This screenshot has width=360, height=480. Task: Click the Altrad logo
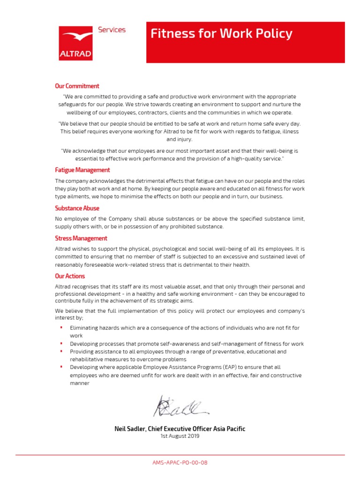75,43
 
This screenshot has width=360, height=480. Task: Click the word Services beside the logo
112,30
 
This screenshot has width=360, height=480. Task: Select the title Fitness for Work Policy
221,34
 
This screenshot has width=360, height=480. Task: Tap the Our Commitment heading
77,86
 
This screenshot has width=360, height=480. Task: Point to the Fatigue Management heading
82,170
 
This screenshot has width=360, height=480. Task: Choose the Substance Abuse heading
77,208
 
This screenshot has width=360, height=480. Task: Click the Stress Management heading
81,239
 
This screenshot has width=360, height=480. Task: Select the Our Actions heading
70,276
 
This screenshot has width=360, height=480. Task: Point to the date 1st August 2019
180,436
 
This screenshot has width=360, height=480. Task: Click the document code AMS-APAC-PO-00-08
180,463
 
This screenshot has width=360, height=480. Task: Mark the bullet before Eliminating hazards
61,327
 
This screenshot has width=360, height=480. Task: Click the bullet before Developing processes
61,343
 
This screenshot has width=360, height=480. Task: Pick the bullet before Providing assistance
61,351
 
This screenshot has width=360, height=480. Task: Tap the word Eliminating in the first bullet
85,328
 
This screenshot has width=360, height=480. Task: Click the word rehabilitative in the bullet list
89,359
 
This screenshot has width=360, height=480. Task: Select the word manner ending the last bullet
79,383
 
